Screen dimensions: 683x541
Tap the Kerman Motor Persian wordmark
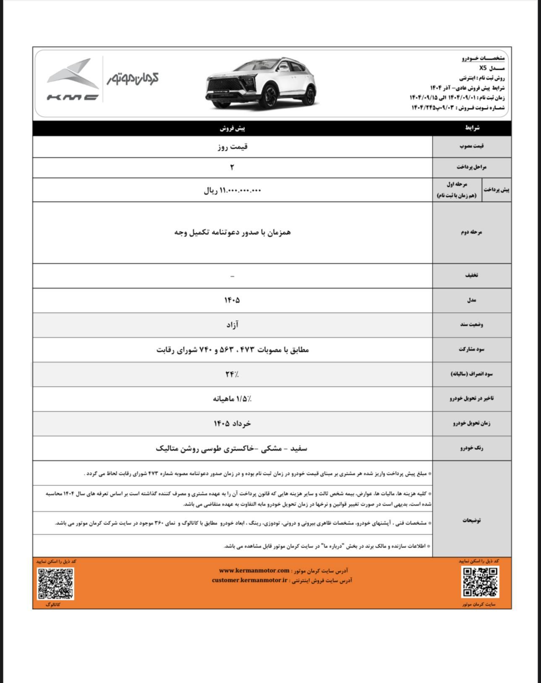(x=133, y=78)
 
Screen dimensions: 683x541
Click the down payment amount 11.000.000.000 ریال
(x=232, y=191)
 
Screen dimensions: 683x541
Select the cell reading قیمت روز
(x=232, y=147)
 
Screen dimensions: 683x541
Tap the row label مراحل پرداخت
(x=471, y=167)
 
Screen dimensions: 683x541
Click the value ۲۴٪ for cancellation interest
(x=232, y=374)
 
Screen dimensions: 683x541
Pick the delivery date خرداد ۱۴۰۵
(x=232, y=423)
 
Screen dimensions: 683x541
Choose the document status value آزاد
(x=232, y=324)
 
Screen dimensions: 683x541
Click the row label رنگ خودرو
(x=471, y=448)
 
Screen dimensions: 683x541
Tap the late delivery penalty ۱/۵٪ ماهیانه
(x=232, y=398)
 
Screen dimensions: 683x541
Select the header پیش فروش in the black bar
(x=232, y=128)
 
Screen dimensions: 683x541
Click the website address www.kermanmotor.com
(x=254, y=570)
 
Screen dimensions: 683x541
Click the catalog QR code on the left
(x=56, y=583)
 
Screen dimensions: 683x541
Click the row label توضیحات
(x=471, y=520)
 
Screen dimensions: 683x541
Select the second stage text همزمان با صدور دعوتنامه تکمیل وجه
(x=232, y=232)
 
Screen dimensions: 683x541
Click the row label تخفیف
(x=471, y=275)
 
